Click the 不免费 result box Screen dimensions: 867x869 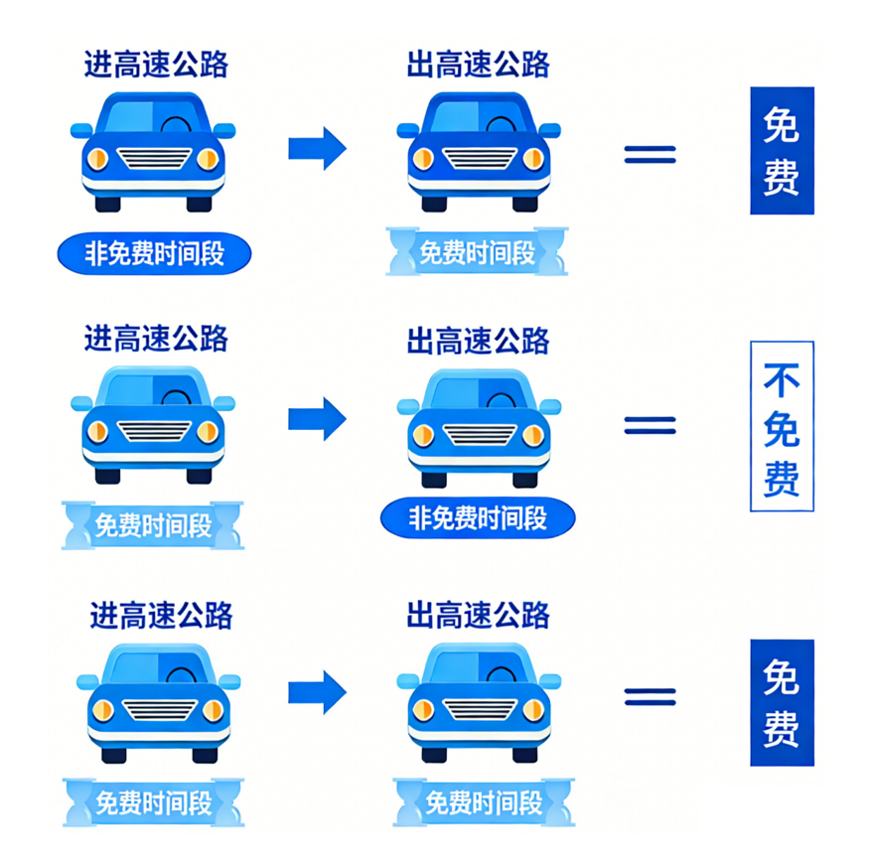click(781, 426)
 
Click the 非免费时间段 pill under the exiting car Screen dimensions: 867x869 click(477, 517)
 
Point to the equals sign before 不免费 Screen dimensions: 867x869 click(650, 425)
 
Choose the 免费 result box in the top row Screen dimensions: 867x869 click(781, 151)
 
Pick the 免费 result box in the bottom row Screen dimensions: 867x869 click(781, 702)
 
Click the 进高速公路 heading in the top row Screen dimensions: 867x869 click(156, 65)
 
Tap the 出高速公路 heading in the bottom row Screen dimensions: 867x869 click(478, 615)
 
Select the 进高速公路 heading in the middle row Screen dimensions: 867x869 click(156, 339)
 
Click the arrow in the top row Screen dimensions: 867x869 click(317, 149)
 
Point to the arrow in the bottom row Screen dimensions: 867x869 click(317, 692)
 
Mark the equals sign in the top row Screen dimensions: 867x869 click(650, 154)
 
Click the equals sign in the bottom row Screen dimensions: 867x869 click(650, 696)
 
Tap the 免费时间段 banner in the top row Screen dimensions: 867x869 click(477, 252)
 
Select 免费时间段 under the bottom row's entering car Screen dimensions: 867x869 click(153, 802)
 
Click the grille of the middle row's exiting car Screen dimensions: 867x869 click(479, 434)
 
